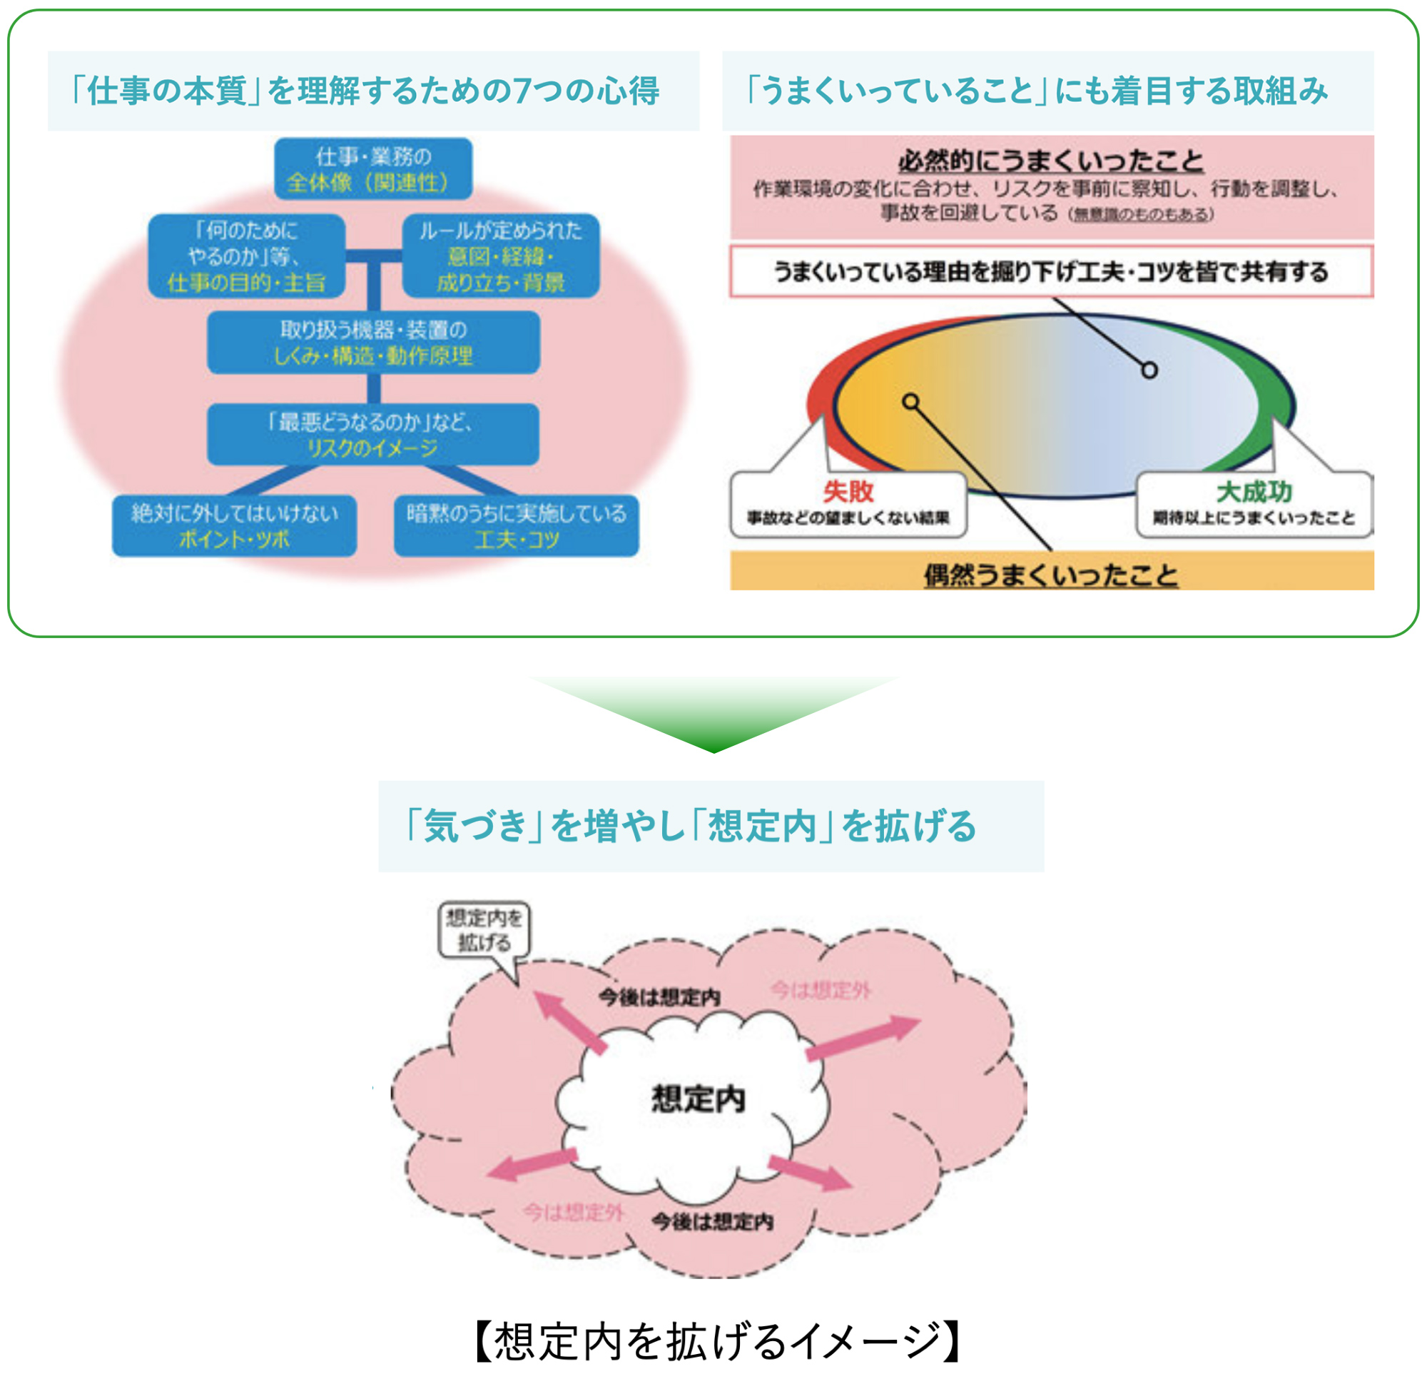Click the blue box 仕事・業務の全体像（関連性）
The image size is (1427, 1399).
coord(373,169)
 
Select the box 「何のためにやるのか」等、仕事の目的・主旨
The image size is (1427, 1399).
coord(247,256)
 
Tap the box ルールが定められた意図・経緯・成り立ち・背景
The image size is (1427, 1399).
coord(501,256)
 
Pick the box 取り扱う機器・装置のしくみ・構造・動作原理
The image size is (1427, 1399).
coord(373,343)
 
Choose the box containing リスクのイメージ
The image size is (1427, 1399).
coord(373,434)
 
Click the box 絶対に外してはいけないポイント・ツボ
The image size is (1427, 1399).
coord(234,526)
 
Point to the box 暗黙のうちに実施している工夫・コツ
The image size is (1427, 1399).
coord(517,526)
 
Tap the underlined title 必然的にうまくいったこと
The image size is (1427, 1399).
coord(1051,160)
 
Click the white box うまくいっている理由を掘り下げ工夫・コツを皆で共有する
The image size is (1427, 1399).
coord(1051,272)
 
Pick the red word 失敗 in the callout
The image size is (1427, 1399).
coord(848,491)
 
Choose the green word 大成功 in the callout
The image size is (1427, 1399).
coord(1254,491)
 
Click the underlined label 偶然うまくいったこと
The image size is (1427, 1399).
coord(1051,574)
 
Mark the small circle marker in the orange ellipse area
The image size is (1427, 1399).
coord(910,401)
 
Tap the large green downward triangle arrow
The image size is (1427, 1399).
coord(713,713)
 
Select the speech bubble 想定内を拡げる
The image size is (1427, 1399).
coord(484,930)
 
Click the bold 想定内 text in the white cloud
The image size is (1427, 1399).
coord(698,1099)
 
